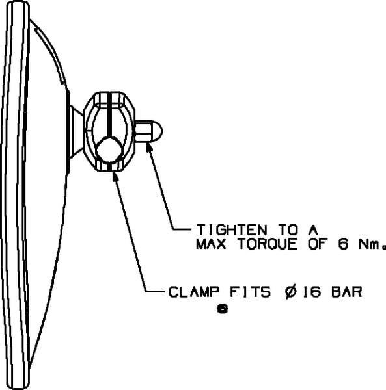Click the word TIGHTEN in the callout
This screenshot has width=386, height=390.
click(232, 229)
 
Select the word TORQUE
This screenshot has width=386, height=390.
click(268, 244)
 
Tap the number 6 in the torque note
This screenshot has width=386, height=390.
click(343, 244)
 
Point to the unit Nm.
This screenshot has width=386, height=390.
click(372, 244)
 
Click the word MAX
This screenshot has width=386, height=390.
click(211, 244)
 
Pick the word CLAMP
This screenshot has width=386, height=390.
click(194, 292)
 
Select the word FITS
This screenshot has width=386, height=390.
click(250, 292)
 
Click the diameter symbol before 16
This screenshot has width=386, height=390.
click(291, 292)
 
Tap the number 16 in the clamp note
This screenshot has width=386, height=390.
click(311, 292)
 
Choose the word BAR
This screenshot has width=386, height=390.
click(347, 292)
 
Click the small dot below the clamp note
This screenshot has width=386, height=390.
click(223, 309)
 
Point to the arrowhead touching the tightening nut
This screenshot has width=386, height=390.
click(149, 148)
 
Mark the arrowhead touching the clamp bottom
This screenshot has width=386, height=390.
click(115, 176)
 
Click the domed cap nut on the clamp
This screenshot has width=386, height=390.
click(148, 131)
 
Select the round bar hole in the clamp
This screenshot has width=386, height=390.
click(109, 150)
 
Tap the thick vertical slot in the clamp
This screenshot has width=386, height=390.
click(109, 115)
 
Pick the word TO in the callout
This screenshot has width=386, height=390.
click(288, 229)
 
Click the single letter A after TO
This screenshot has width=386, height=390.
click(313, 229)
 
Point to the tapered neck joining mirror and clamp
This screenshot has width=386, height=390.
click(76, 131)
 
